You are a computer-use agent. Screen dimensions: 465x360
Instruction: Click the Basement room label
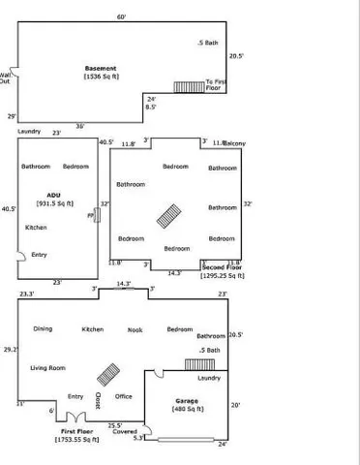tap(102, 68)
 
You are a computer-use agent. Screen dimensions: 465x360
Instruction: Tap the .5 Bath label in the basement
tap(207, 44)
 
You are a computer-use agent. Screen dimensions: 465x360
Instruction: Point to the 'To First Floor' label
tap(216, 85)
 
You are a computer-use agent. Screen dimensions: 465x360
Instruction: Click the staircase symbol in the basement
tap(187, 86)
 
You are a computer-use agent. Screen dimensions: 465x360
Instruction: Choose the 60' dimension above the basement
tap(121, 16)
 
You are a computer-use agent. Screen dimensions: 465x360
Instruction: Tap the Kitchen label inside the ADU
tap(36, 227)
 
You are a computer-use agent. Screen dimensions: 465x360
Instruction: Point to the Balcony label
tap(235, 144)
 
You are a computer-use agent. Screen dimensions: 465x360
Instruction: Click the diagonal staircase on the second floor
tap(170, 213)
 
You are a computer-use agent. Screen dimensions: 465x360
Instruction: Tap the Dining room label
tap(44, 329)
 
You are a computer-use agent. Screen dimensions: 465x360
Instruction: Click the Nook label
tap(135, 329)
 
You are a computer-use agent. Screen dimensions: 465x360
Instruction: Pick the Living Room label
tap(47, 368)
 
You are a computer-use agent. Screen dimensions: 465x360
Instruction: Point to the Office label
tap(123, 395)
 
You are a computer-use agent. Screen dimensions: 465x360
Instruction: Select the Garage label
tap(186, 400)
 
